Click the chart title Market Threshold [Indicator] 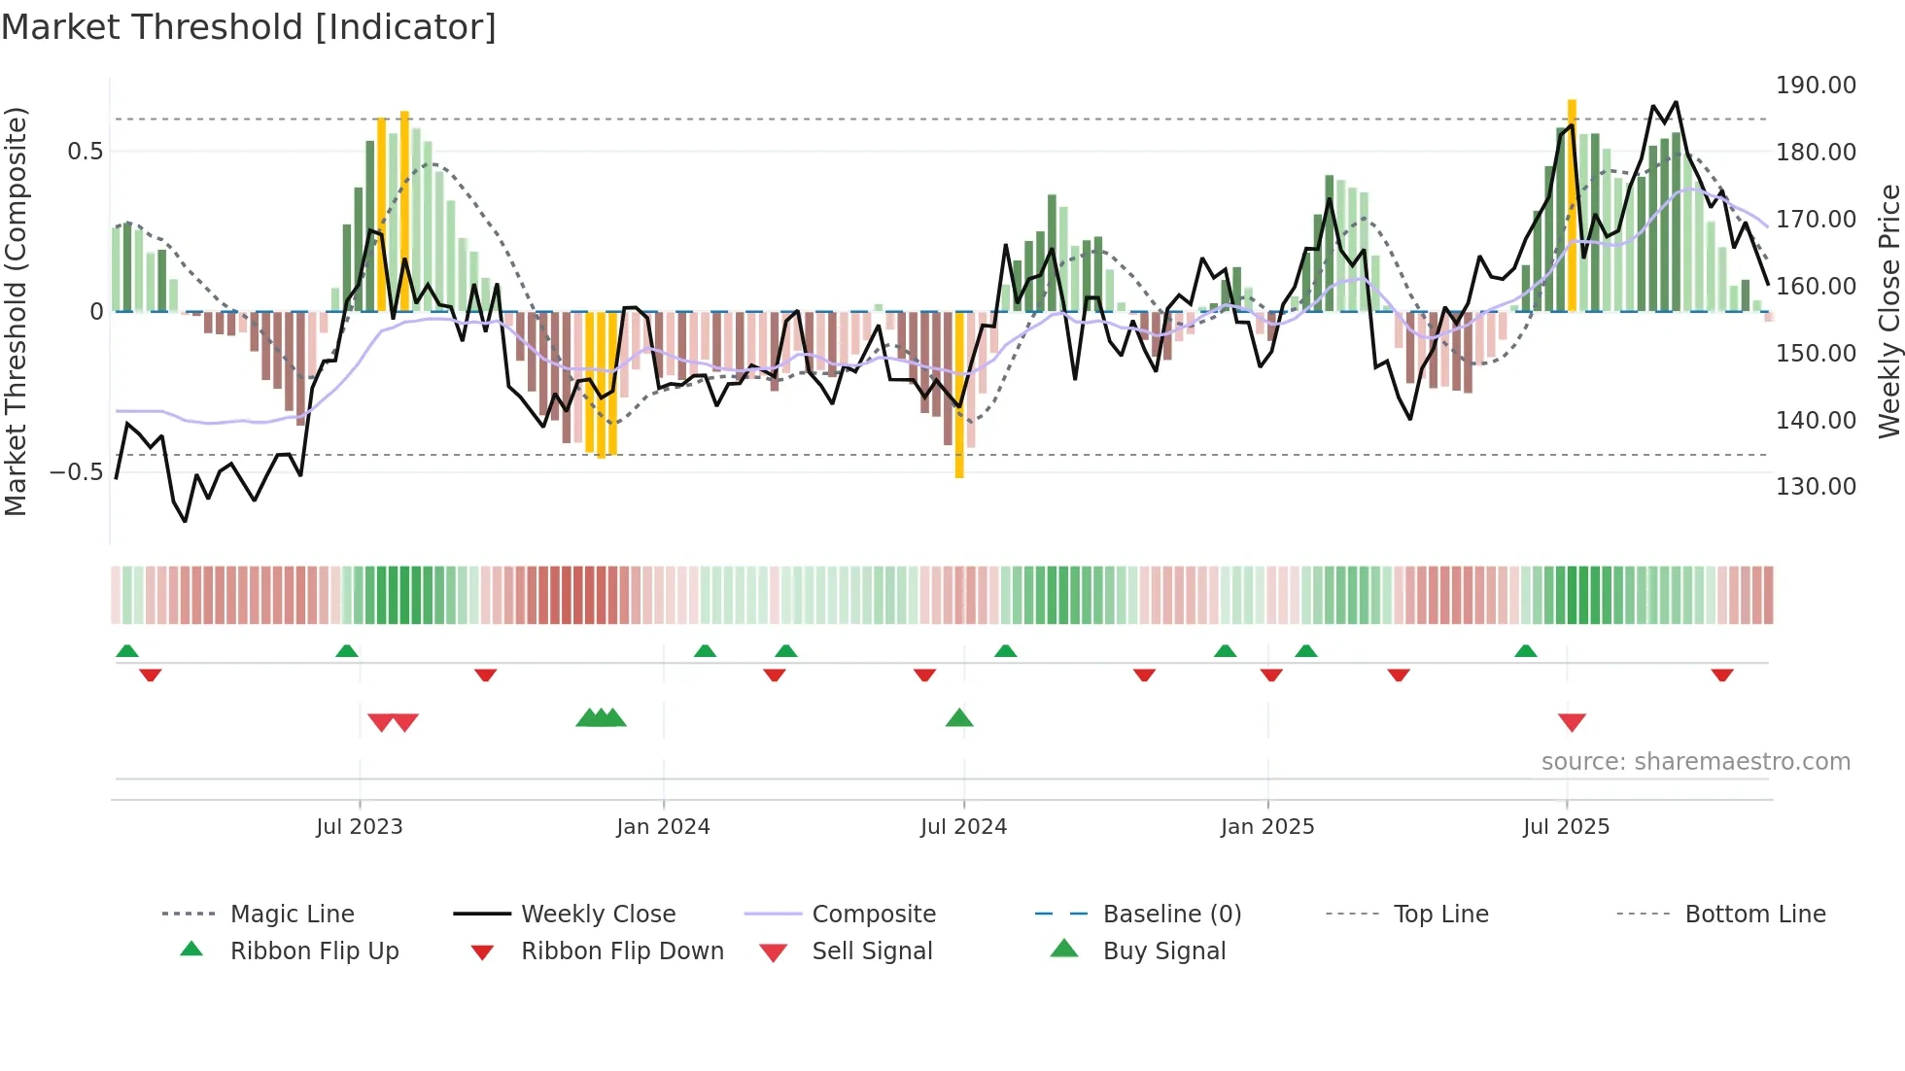[x=249, y=27]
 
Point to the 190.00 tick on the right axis [x=1815, y=86]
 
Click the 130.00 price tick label [x=1815, y=487]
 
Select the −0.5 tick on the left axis [x=76, y=472]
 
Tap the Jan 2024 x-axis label [x=663, y=827]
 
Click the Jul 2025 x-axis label [x=1566, y=827]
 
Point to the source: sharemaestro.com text [x=1695, y=762]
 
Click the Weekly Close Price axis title [x=1888, y=311]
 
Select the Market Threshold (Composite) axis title [x=16, y=311]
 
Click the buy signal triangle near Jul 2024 [x=959, y=718]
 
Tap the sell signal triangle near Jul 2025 [x=1572, y=722]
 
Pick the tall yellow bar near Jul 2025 [x=1572, y=204]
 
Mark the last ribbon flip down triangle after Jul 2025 [x=1722, y=674]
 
